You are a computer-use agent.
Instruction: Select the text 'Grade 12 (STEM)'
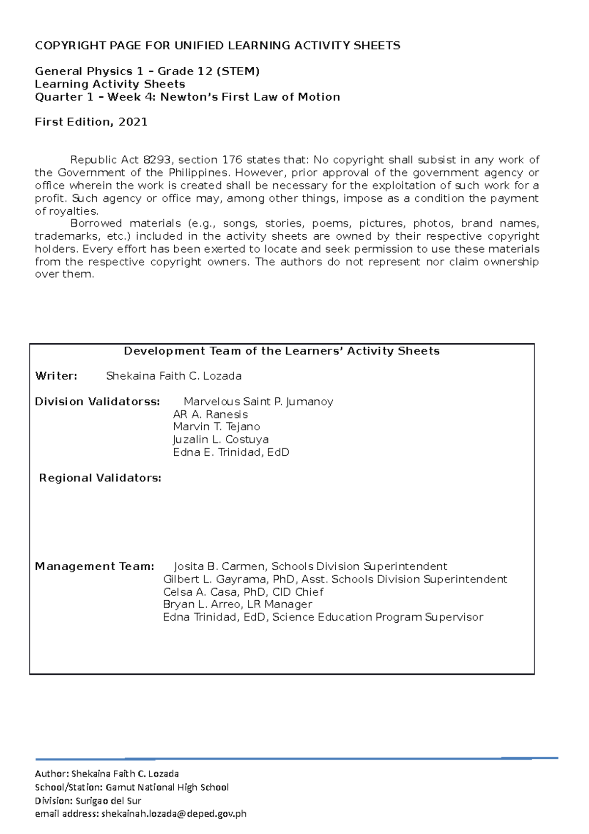(x=208, y=71)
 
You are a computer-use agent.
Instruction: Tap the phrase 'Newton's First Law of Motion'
(x=250, y=97)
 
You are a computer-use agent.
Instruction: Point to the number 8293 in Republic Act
(x=157, y=160)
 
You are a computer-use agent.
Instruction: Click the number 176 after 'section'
(x=232, y=160)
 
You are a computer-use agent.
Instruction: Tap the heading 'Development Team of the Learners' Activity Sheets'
(x=282, y=351)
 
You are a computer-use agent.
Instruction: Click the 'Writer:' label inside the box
(x=56, y=376)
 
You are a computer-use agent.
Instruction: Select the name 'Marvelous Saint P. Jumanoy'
(x=258, y=401)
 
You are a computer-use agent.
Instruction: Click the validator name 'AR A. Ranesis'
(x=210, y=414)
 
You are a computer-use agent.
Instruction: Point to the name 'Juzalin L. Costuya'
(x=220, y=439)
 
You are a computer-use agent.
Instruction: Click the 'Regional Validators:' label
(x=100, y=478)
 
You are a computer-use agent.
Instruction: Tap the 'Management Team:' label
(x=94, y=566)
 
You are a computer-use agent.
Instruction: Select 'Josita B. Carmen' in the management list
(x=220, y=566)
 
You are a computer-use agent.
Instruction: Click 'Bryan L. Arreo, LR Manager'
(x=237, y=604)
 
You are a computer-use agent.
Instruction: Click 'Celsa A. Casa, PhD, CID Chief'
(x=243, y=592)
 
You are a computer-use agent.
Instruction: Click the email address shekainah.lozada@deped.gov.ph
(x=173, y=813)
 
